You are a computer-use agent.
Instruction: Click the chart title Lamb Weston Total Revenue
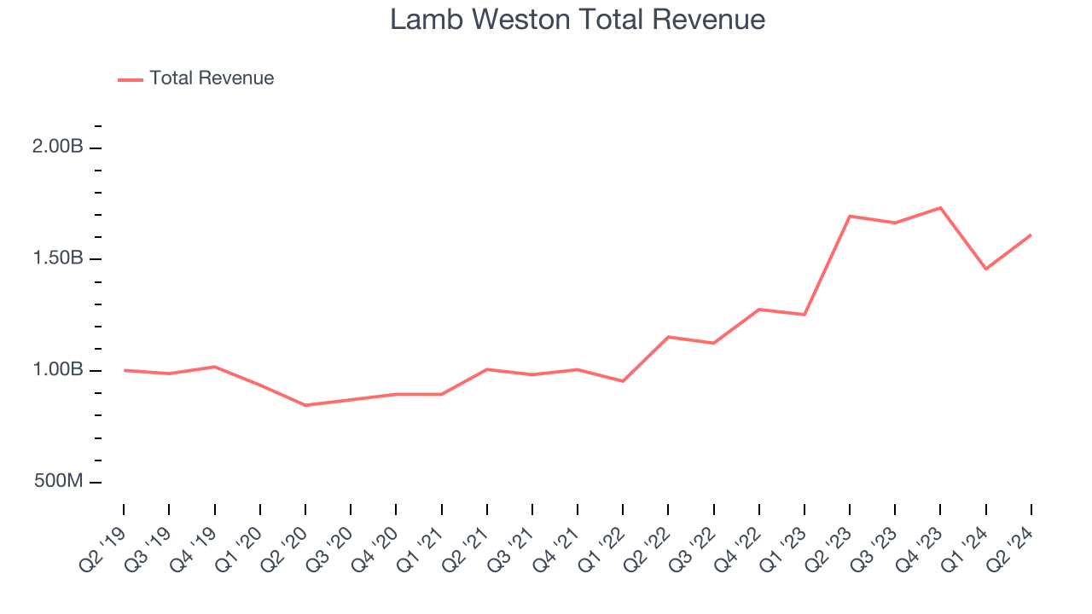(x=578, y=19)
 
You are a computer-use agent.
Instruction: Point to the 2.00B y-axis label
(x=58, y=147)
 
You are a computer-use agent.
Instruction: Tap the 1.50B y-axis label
(x=58, y=258)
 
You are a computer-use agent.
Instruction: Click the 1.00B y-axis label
(x=58, y=370)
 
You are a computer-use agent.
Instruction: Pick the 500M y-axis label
(x=59, y=482)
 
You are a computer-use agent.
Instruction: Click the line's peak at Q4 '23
(x=940, y=207)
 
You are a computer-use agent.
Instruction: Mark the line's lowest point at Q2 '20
(x=305, y=405)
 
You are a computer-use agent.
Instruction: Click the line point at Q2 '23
(x=850, y=216)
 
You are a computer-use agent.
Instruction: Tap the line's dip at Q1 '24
(x=986, y=269)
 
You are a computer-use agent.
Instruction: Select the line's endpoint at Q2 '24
(x=1031, y=235)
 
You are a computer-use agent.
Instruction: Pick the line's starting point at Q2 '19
(x=124, y=370)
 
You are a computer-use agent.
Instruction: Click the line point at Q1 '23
(x=804, y=315)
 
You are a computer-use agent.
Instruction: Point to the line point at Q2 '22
(x=668, y=337)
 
